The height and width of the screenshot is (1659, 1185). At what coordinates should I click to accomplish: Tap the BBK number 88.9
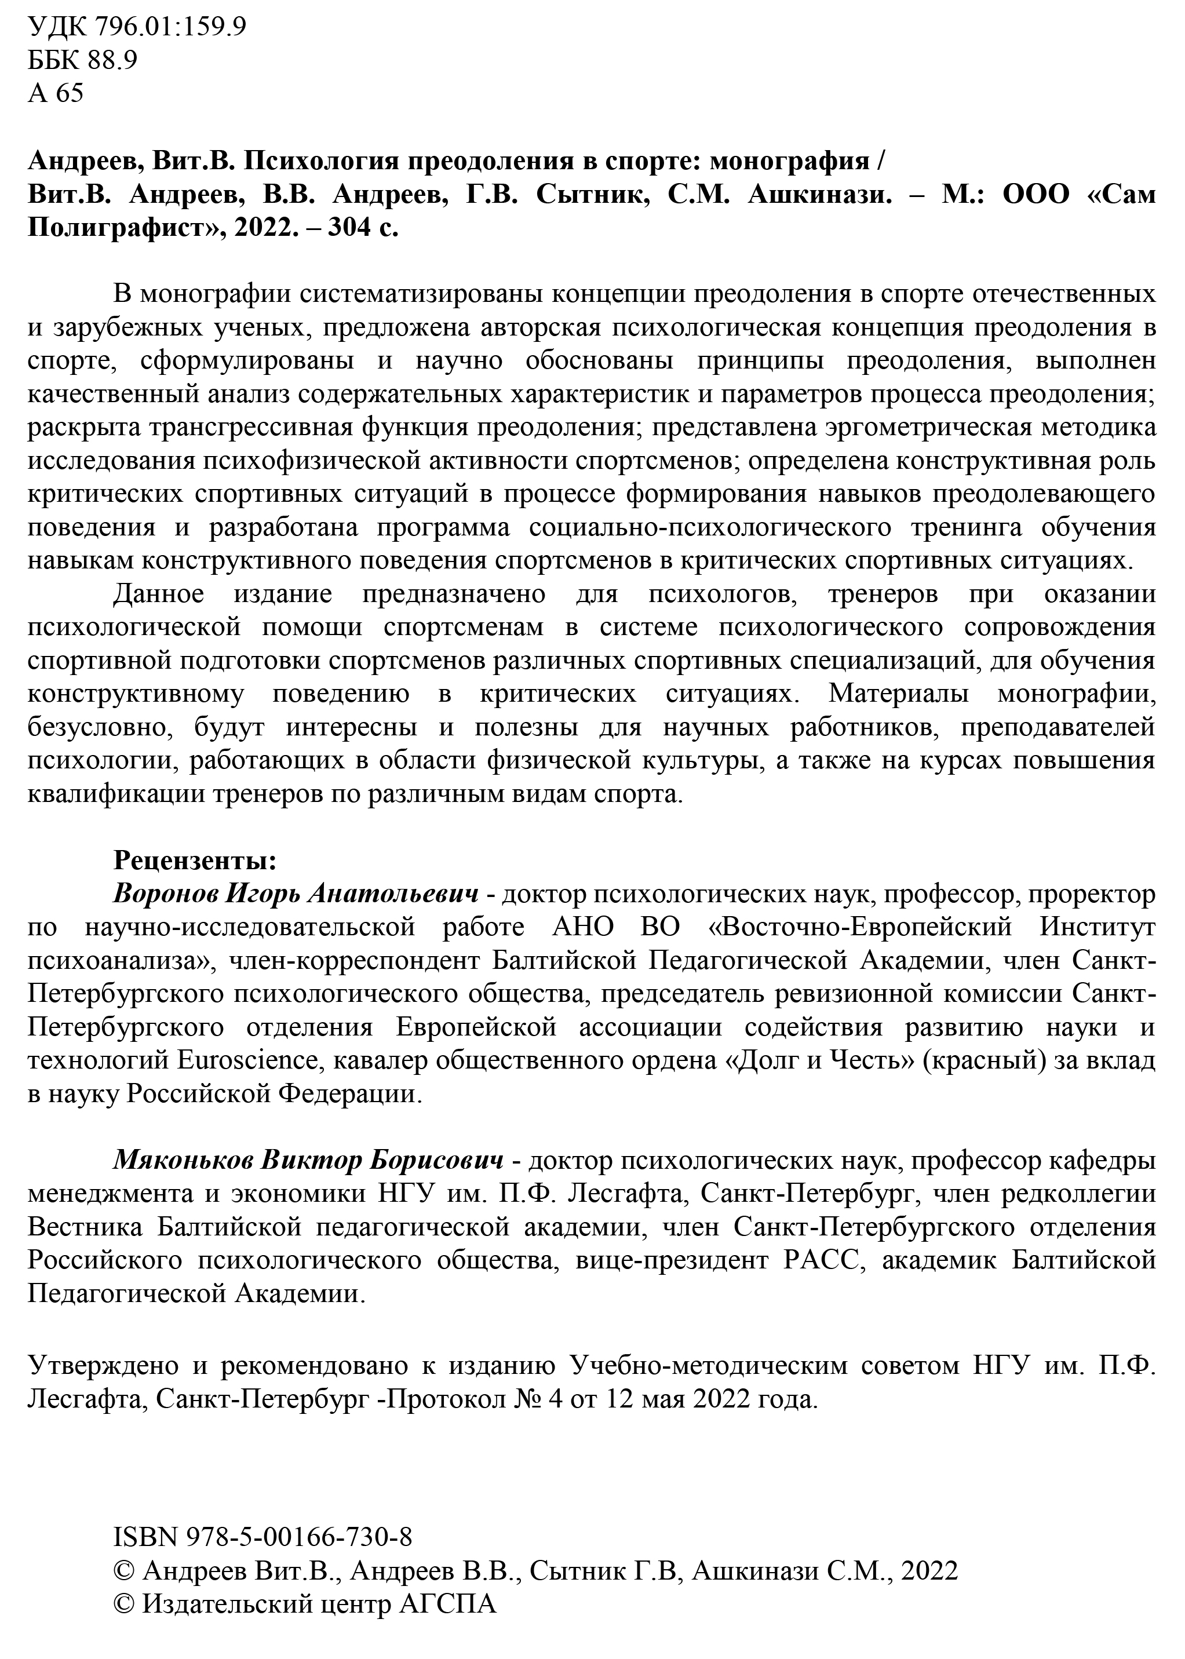112,60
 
